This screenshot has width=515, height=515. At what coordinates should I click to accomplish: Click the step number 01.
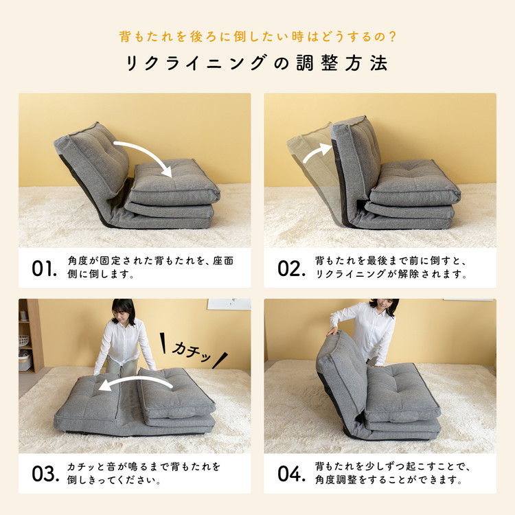tap(45, 268)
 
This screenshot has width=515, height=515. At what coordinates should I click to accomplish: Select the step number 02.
tap(291, 268)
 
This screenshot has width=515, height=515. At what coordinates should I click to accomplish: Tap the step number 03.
tap(45, 474)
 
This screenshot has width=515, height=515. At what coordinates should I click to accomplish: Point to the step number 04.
tap(291, 474)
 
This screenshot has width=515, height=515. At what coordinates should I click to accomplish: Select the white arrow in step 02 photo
tap(316, 152)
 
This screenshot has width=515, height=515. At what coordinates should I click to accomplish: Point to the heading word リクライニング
tap(195, 62)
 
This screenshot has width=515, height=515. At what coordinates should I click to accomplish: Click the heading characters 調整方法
tap(342, 62)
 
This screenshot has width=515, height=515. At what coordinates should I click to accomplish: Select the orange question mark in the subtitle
tap(391, 36)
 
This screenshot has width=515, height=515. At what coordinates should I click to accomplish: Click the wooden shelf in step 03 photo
tap(31, 336)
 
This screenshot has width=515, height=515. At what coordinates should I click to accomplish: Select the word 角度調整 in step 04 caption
tap(336, 480)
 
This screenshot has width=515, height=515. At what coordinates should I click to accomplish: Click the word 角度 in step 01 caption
tap(78, 261)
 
